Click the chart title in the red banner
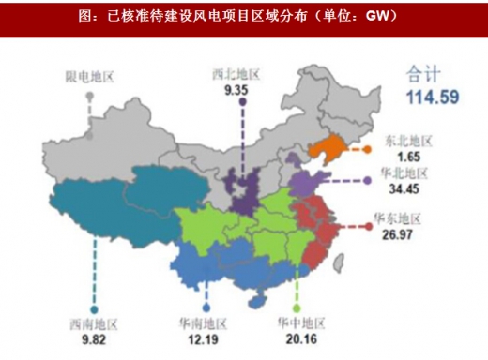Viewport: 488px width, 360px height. (x=244, y=16)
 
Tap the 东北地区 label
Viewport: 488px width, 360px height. (x=406, y=141)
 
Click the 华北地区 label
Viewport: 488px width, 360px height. (x=404, y=174)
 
